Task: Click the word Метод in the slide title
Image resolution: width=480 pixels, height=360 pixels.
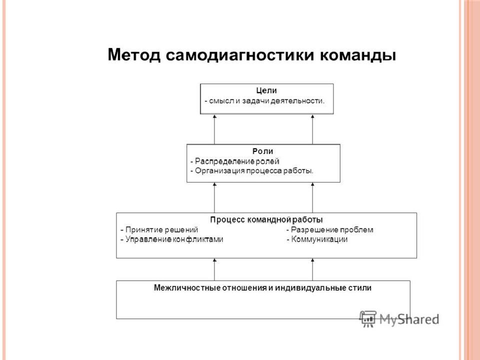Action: pos(134,55)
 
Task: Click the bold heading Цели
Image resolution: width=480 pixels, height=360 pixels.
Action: pos(266,90)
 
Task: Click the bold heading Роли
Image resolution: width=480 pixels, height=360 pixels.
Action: pos(262,151)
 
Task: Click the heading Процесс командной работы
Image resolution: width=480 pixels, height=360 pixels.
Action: pos(266,220)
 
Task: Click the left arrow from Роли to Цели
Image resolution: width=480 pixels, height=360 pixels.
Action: pos(214,129)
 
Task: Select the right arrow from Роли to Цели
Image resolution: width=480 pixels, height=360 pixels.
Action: pos(312,129)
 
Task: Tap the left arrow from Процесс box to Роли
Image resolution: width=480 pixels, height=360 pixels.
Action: pos(214,198)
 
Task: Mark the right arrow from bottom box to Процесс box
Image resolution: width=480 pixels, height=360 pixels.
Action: pos(312,269)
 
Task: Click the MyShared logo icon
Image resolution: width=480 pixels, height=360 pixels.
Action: pos(367,319)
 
